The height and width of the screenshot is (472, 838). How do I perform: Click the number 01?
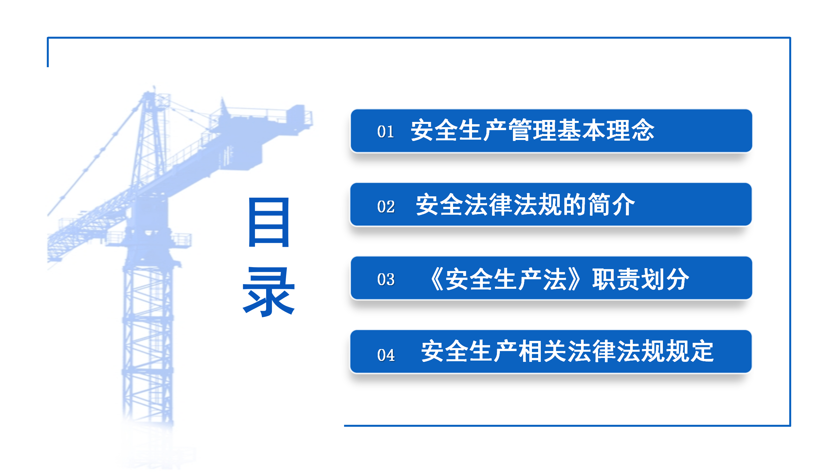click(385, 131)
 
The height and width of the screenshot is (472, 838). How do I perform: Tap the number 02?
click(386, 206)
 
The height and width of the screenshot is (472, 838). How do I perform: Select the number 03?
click(386, 280)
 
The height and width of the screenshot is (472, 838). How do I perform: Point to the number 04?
click(386, 355)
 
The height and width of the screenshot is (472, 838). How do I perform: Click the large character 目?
click(269, 222)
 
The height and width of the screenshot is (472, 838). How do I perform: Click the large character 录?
click(269, 291)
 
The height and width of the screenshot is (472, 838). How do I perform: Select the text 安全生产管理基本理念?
click(533, 130)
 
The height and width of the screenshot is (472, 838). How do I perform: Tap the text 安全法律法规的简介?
click(525, 205)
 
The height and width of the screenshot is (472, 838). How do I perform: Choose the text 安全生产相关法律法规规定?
click(567, 351)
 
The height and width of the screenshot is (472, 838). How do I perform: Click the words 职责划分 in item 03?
click(641, 279)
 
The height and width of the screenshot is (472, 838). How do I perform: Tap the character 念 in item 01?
click(643, 130)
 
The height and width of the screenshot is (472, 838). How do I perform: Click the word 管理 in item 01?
click(533, 130)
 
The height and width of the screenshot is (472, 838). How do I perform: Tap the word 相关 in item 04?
click(543, 351)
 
